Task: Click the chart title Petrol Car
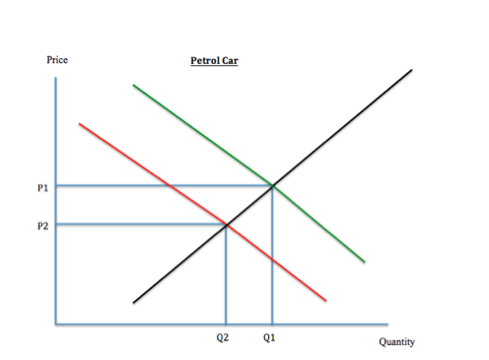pos(214,61)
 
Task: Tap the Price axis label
pos(57,61)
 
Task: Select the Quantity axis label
pos(396,342)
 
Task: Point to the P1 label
pos(42,185)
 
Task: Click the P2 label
pos(42,225)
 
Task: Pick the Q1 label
pos(269,337)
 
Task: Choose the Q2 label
pos(226,337)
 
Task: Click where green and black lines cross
pos(272,184)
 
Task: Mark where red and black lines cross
pos(227,225)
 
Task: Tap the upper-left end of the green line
pos(133,86)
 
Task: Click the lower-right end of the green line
pos(365,261)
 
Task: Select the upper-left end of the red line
pos(79,123)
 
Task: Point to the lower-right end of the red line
pos(325,300)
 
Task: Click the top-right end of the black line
pos(413,70)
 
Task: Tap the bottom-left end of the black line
pos(134,301)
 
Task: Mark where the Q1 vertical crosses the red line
pos(272,259)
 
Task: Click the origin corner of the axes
pos(56,323)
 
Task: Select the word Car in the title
pos(231,61)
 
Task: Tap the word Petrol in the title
pos(205,61)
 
